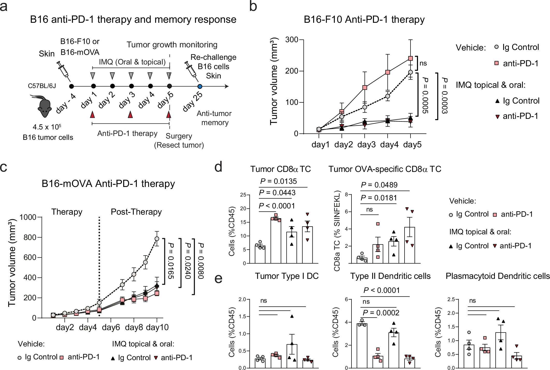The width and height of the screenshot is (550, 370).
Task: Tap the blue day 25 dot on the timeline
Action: coord(200,86)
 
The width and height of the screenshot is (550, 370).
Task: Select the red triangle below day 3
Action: coord(131,115)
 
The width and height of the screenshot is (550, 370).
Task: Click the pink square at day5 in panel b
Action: coord(410,58)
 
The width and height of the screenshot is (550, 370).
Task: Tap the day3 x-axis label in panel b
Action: coord(366,144)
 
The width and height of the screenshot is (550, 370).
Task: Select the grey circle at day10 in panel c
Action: coord(157,238)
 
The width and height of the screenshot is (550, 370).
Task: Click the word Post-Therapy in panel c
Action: coord(136,212)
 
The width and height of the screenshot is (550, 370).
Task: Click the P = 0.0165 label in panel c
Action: coord(171,260)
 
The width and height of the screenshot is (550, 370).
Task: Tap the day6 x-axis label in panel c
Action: coord(111,327)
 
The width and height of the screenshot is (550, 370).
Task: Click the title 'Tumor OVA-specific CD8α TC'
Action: coord(385,169)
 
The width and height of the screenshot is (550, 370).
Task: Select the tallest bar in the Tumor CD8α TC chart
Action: coord(276,241)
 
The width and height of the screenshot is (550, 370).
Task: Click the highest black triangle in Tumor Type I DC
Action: coord(292,316)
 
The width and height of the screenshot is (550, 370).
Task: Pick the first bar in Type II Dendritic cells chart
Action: coord(362,345)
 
